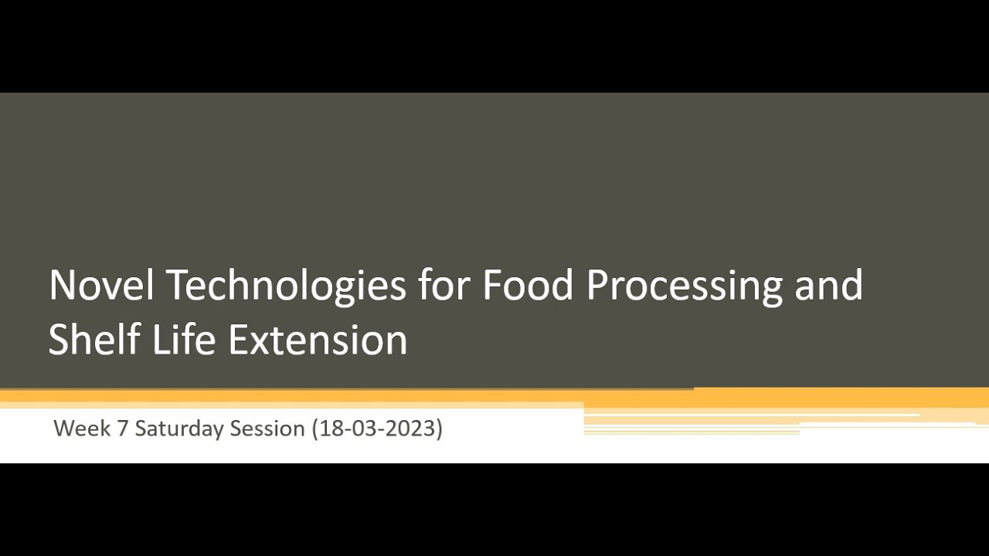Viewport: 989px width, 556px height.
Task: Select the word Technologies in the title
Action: [x=286, y=285]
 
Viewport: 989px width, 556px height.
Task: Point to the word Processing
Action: [x=685, y=285]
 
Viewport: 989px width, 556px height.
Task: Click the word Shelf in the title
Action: [x=94, y=339]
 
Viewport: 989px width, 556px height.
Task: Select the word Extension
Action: [x=318, y=339]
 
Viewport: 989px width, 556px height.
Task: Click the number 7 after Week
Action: [x=122, y=428]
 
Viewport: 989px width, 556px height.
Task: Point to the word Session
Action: [x=267, y=428]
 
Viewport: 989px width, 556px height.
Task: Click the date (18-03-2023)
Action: [x=376, y=428]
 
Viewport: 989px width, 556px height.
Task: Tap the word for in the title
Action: [x=444, y=285]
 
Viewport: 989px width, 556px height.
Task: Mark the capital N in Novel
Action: [x=63, y=285]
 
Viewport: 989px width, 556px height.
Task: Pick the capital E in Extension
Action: [x=238, y=339]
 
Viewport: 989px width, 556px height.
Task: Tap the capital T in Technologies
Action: [x=177, y=285]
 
